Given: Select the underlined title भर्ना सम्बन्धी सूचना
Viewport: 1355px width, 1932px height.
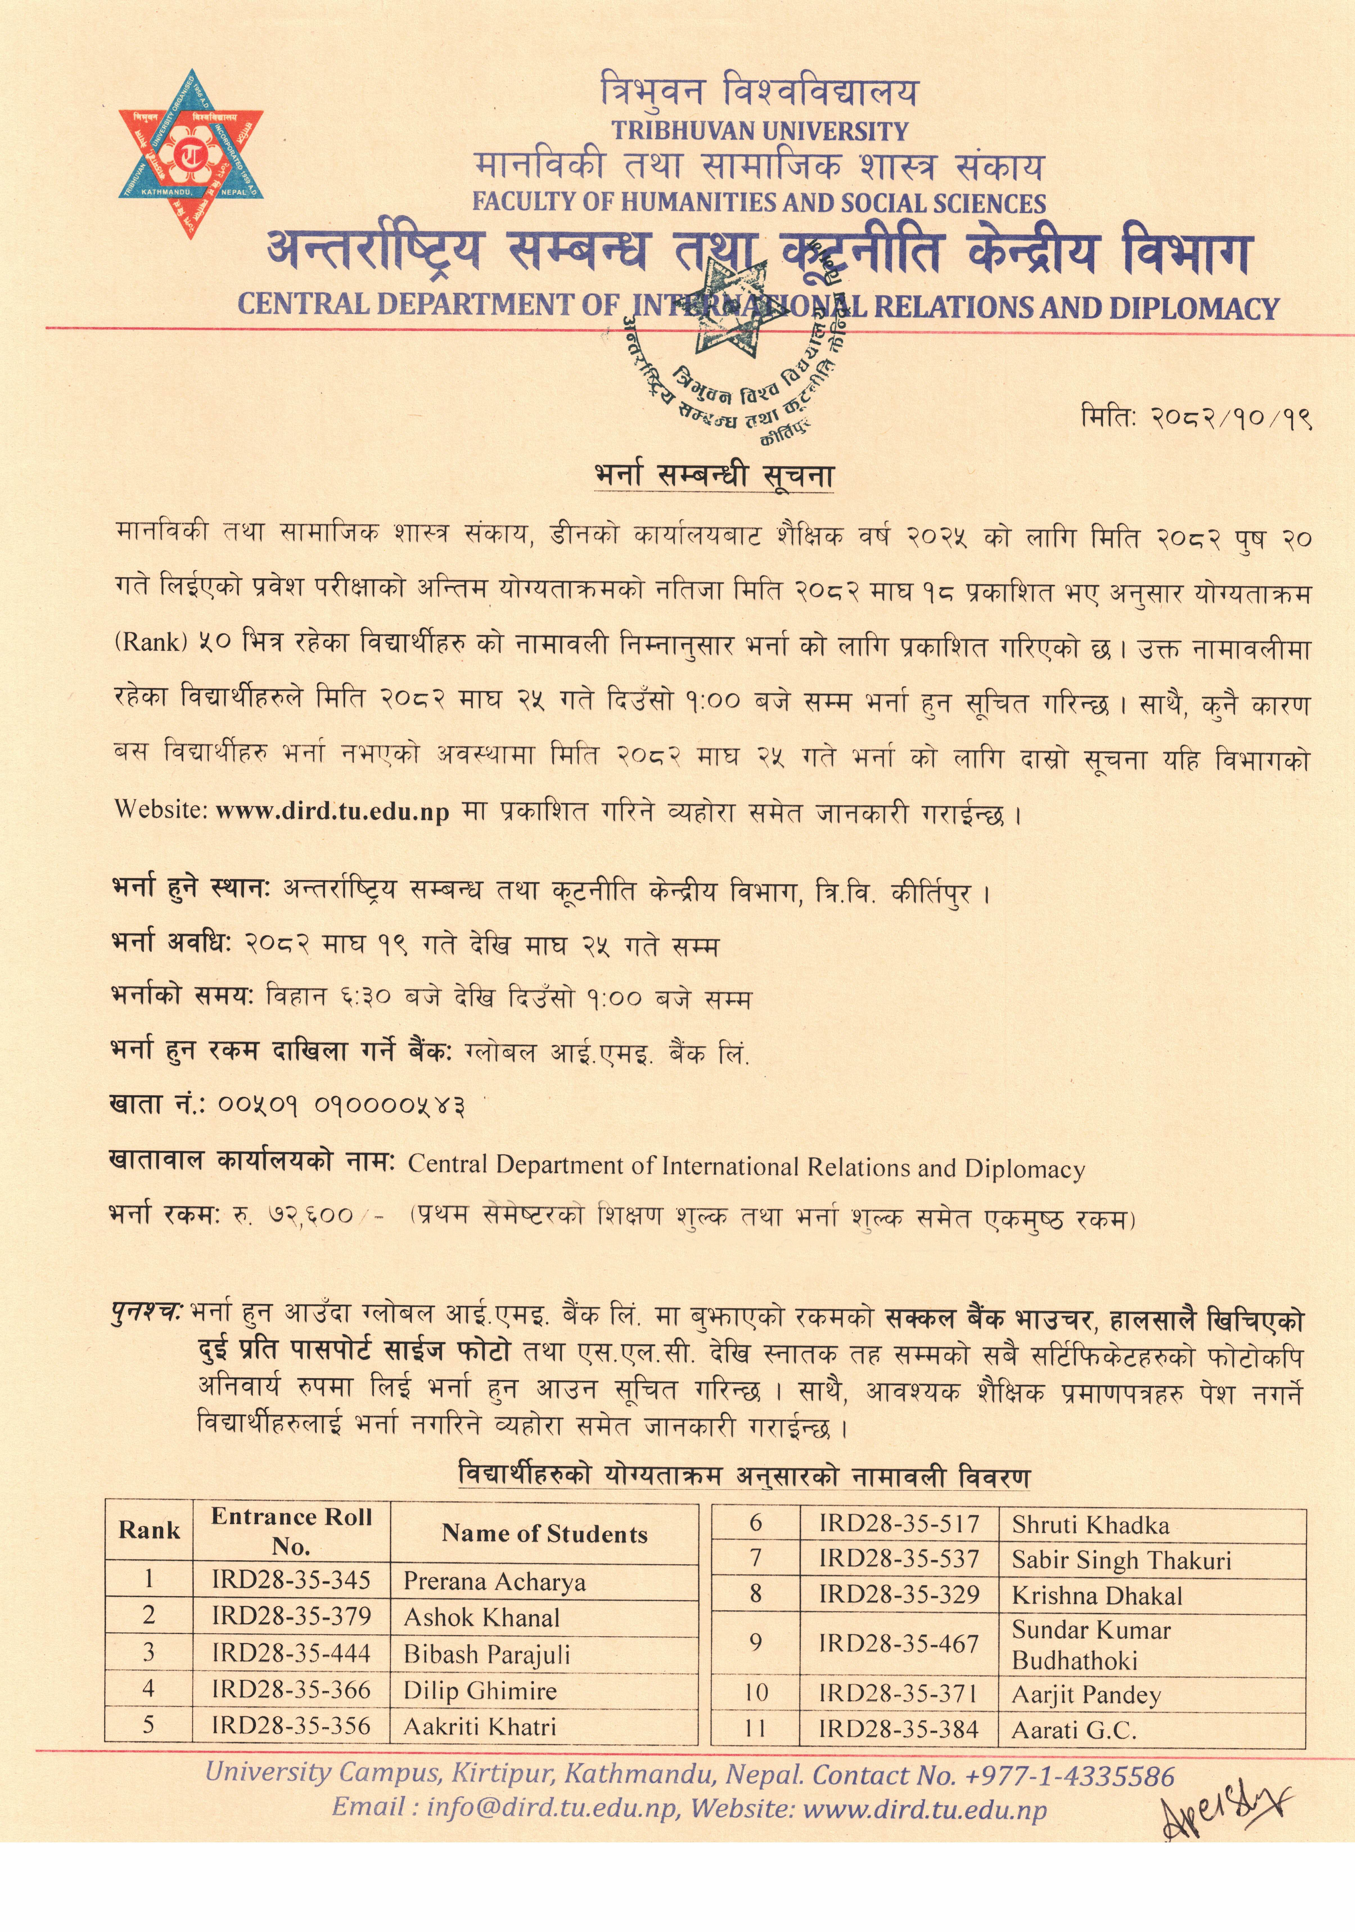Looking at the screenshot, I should pos(714,476).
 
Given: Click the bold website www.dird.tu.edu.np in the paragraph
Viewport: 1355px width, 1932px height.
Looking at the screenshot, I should pos(332,811).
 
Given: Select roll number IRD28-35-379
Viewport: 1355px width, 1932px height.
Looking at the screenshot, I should pos(290,1616).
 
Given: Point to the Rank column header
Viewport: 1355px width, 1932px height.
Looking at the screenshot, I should pos(149,1530).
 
